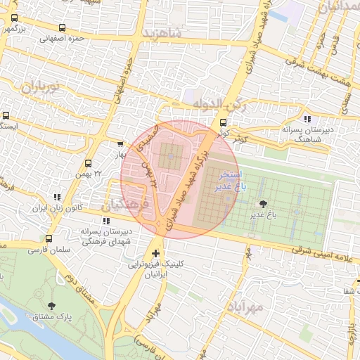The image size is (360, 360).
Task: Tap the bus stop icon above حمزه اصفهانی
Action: [62, 28]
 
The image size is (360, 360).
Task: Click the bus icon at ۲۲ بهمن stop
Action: [87, 162]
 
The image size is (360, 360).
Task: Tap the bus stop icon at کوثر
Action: [224, 131]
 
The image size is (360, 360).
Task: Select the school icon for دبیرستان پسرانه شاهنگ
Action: [307, 119]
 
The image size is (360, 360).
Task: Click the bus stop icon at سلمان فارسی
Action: [49, 239]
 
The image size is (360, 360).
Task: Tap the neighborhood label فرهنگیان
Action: [125, 205]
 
